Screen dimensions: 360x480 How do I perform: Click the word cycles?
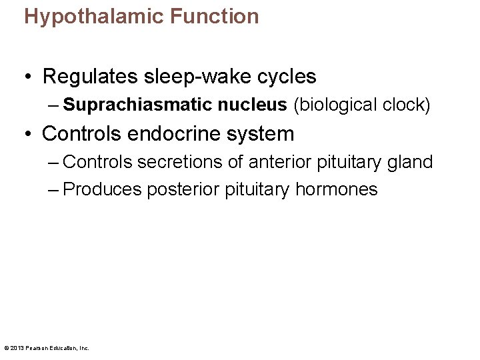289,77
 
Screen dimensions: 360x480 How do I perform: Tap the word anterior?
280,162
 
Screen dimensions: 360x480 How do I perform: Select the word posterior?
183,190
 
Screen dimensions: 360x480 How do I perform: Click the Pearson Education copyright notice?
47,347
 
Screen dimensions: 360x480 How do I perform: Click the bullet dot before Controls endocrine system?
30,135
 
